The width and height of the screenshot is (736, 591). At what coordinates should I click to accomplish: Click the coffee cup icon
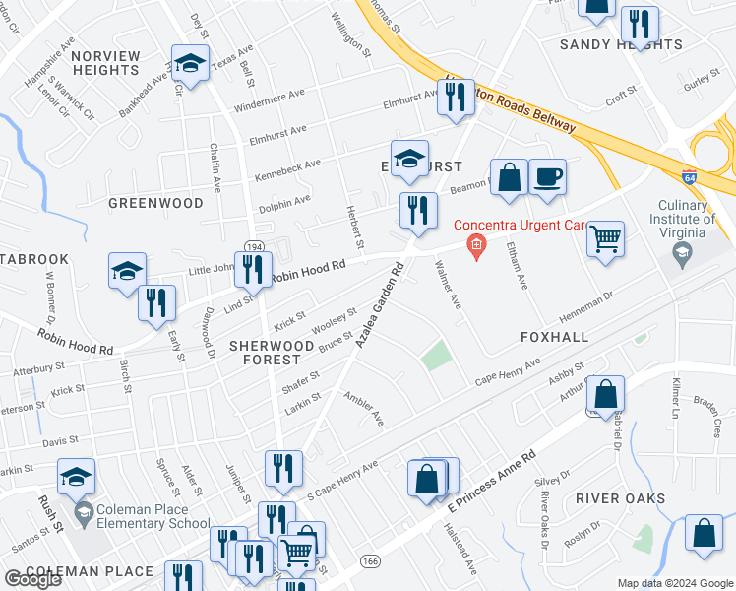547,178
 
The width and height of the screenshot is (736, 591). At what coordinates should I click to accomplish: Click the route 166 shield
370,560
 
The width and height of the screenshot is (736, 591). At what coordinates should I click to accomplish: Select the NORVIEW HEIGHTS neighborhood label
105,62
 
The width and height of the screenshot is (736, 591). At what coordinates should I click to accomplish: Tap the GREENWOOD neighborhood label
155,203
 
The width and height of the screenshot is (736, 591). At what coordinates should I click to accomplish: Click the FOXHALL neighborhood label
554,337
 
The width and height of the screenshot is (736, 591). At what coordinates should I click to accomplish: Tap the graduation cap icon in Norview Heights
190,64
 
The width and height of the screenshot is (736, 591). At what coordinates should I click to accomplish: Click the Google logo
32,580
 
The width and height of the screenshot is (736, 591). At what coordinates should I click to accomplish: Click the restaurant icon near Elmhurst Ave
455,98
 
